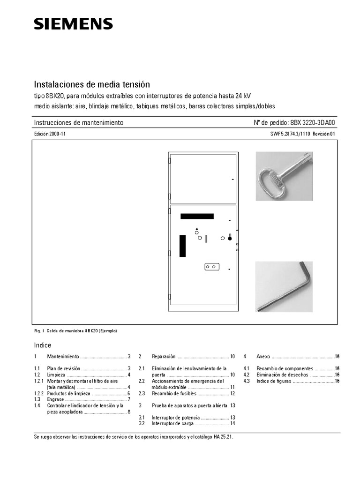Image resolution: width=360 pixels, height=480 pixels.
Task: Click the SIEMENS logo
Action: [73, 24]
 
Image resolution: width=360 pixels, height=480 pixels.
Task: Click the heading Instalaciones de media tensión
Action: [92, 85]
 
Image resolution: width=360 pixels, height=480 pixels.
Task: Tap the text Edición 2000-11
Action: [51, 134]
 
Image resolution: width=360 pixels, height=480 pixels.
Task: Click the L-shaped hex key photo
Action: [284, 286]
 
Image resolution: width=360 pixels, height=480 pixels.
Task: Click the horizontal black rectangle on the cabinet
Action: [197, 217]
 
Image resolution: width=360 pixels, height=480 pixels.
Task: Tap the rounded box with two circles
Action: [211, 267]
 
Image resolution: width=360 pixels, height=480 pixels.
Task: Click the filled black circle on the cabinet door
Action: [230, 239]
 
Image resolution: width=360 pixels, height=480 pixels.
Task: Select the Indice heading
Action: [43, 345]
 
